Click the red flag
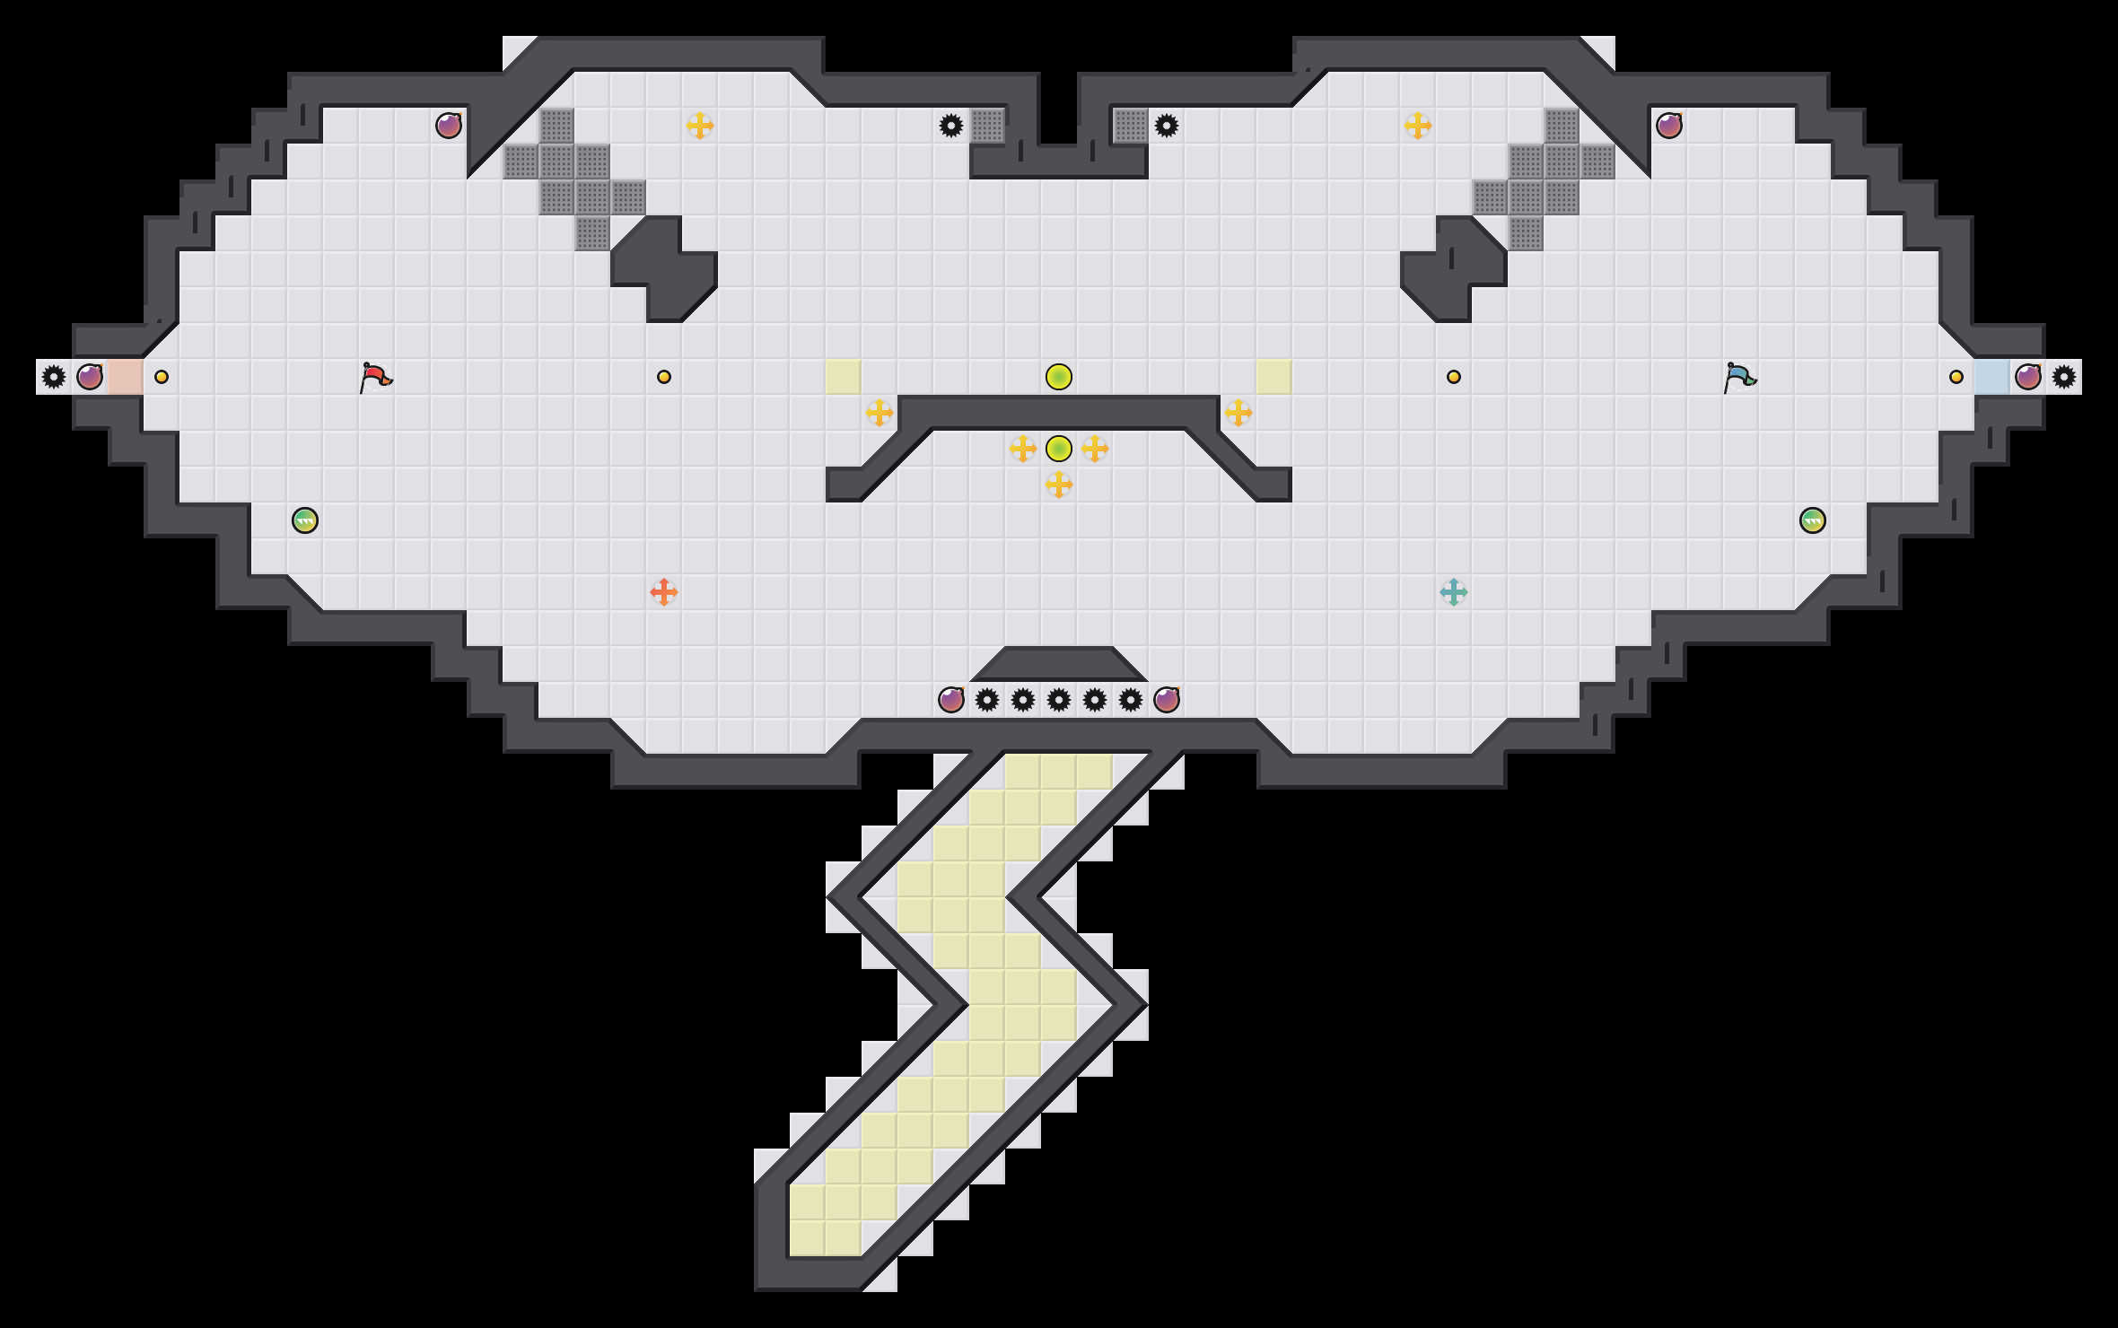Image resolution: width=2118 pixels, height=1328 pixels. coord(375,377)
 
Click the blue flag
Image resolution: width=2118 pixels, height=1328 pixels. coord(1739,377)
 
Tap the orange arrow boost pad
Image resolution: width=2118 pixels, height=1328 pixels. coord(664,592)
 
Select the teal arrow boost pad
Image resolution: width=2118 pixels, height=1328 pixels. coord(1454,592)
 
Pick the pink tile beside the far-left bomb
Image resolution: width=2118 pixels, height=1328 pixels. coord(126,377)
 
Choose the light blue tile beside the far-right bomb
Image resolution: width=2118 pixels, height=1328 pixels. coord(1991,377)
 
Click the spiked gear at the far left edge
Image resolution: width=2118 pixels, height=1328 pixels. coord(54,377)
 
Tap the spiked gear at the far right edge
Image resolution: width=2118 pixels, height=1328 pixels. coord(2064,377)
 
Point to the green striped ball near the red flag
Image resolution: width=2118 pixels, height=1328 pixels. coord(305,520)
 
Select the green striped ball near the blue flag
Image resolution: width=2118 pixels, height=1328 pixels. coord(1813,520)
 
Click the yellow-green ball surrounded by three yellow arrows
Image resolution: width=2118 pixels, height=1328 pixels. coord(1059,448)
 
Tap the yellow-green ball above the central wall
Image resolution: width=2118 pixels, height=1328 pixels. coord(1059,377)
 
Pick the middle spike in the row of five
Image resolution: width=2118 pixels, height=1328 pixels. coord(1059,700)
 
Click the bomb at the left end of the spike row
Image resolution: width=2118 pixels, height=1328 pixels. coord(951,700)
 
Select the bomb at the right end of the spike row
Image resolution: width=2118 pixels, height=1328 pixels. coord(1167,700)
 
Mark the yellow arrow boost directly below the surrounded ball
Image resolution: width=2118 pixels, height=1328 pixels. coord(1059,485)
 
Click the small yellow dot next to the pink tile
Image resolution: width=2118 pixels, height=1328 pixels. coord(162,377)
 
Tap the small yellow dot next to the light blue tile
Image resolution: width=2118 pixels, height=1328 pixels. coord(1956,377)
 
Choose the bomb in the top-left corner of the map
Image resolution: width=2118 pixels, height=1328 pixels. coord(449,126)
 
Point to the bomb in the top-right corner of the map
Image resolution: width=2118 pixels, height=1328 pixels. coord(1669,126)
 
